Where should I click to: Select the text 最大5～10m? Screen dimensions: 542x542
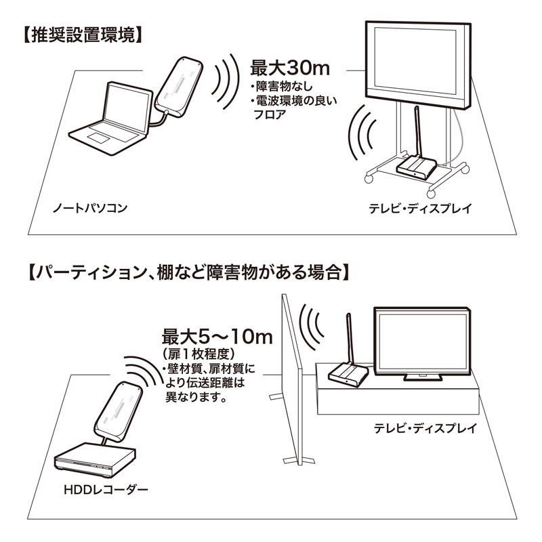pyautogui.click(x=217, y=336)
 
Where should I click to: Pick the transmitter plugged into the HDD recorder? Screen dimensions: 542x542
pyautogui.click(x=119, y=410)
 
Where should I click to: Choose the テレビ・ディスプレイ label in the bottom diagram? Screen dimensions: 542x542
pyautogui.click(x=425, y=428)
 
